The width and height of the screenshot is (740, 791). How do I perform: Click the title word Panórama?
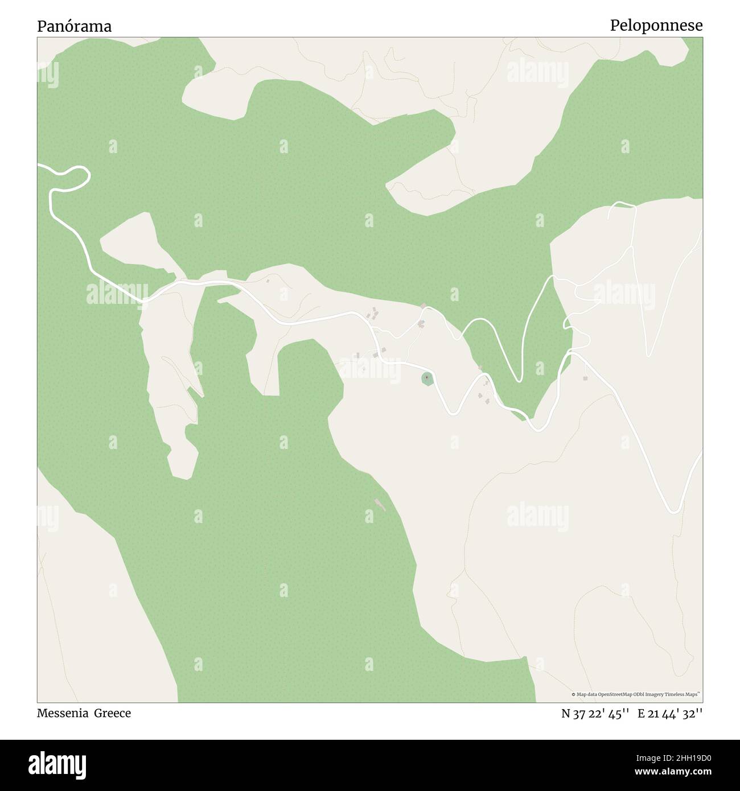point(75,26)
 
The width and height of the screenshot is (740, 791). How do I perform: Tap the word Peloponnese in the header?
point(656,26)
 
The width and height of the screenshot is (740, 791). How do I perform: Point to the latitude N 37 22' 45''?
point(595,714)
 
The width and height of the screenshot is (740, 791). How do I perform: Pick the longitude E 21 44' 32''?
point(670,714)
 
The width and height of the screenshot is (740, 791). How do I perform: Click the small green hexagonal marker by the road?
point(427,378)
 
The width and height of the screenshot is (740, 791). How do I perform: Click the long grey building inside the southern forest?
point(380,504)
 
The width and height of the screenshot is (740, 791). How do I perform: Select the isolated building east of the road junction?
point(585,378)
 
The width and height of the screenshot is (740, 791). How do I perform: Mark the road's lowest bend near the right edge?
point(675,511)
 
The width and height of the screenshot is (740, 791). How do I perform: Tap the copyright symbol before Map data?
point(574,694)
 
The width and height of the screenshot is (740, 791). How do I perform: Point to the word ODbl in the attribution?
point(631,694)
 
